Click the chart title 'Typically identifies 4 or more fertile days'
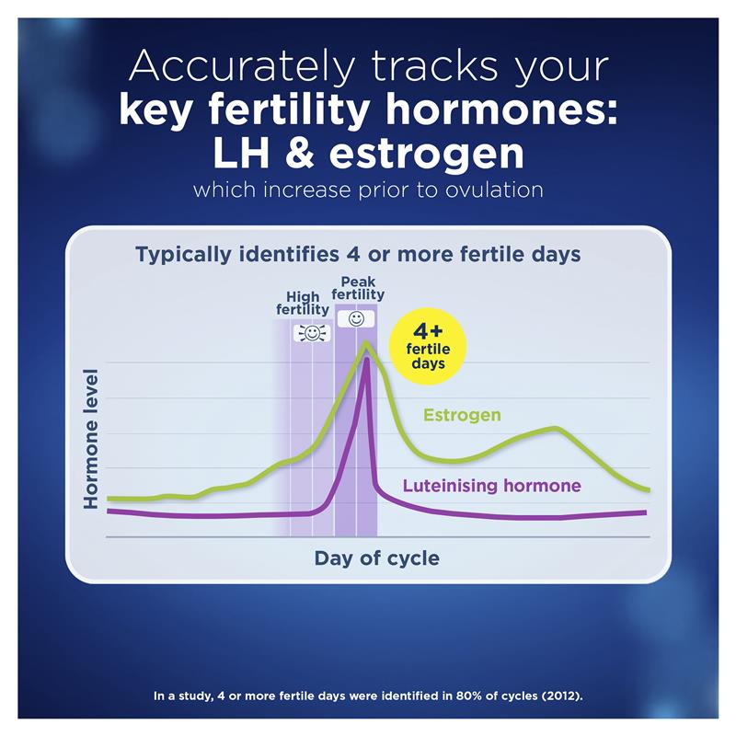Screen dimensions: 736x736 358,254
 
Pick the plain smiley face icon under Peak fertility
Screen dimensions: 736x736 356,318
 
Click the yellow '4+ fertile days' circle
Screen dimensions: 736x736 428,346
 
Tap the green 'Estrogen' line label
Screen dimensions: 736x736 462,415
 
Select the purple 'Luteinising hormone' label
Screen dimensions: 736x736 492,485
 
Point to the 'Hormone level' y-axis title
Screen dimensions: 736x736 91,439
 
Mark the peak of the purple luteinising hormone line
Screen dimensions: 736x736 367,359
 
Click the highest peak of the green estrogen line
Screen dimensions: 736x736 366,344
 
